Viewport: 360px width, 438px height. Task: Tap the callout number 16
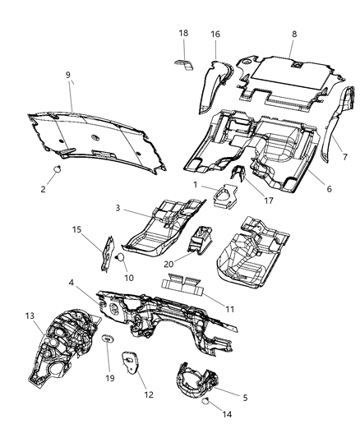click(215, 35)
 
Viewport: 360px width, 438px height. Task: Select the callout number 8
click(293, 34)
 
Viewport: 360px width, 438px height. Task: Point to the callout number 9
click(68, 75)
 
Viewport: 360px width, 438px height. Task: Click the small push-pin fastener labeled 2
click(60, 170)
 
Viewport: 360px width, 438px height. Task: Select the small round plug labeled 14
click(205, 400)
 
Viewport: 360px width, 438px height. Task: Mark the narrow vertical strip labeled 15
click(104, 253)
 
